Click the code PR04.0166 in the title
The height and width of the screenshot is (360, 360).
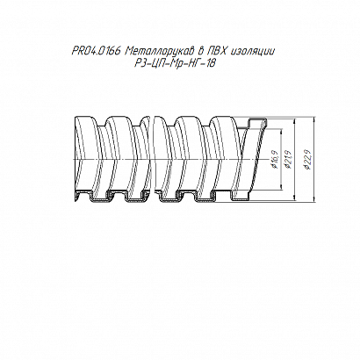point(96,52)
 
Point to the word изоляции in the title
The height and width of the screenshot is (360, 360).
point(253,52)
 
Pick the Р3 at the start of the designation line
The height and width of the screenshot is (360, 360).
point(140,63)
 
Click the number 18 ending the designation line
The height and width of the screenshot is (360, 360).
point(211,63)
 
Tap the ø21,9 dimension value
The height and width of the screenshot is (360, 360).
point(288,159)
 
